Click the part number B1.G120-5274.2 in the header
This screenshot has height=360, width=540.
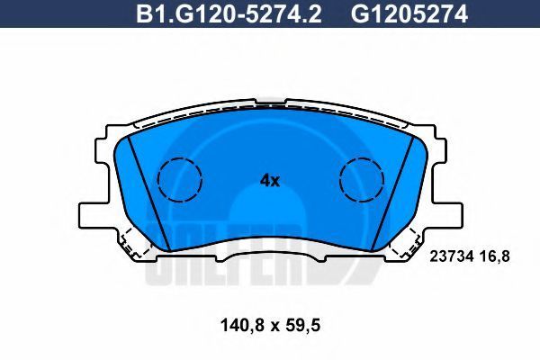tap(229, 14)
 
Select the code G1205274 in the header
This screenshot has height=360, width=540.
tap(409, 14)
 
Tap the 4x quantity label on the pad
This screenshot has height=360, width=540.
tap(270, 181)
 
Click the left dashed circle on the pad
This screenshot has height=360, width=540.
tap(179, 179)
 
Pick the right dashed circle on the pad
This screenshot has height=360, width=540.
tap(361, 179)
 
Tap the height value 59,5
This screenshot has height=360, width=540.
tap(302, 325)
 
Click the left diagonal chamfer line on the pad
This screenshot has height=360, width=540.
tap(148, 193)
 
